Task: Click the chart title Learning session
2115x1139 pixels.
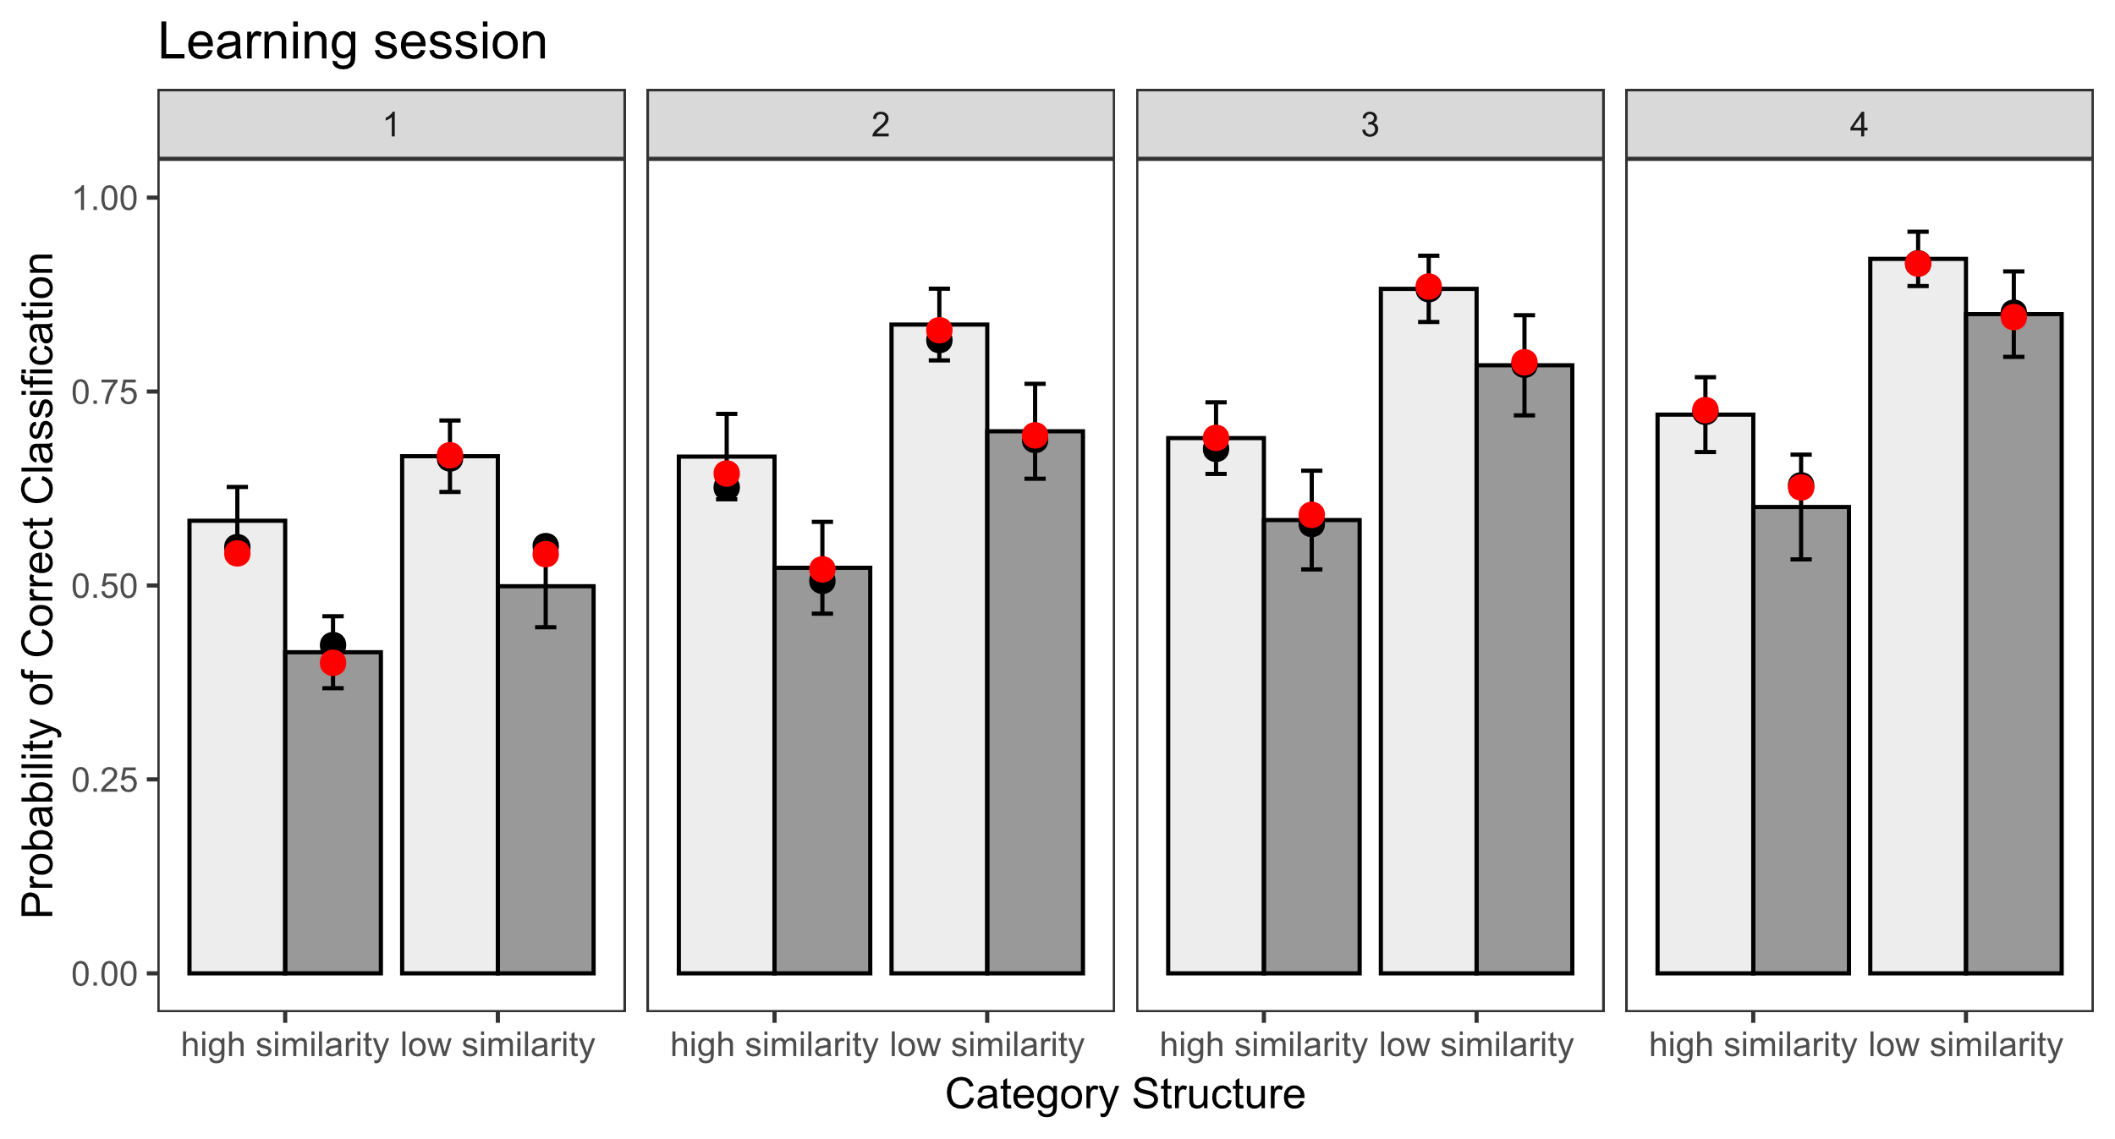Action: point(352,41)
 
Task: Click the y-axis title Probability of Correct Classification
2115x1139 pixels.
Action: point(38,585)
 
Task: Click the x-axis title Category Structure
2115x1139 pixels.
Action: point(1124,1093)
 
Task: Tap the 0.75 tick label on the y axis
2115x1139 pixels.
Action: point(104,392)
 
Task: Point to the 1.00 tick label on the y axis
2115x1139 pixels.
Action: point(104,199)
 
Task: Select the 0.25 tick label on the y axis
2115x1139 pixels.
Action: point(104,780)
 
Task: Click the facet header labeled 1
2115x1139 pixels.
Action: point(391,124)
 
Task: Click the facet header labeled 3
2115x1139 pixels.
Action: point(1370,124)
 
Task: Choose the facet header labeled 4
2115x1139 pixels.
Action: point(1859,124)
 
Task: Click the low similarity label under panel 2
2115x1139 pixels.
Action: point(986,1045)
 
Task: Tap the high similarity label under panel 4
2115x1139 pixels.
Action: point(1752,1045)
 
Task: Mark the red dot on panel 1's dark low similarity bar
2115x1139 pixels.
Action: point(546,555)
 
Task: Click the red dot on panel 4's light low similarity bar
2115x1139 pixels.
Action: point(1918,264)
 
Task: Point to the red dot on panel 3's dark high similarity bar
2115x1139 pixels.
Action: point(1311,515)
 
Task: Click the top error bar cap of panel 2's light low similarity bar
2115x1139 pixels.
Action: point(939,289)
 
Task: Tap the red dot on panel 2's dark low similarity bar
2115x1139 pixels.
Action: point(1035,436)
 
